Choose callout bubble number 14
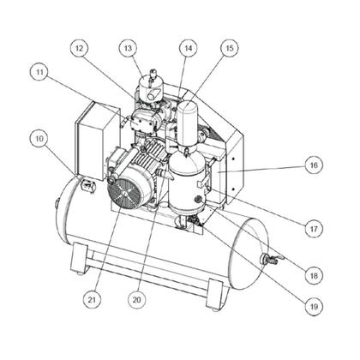point(188,49)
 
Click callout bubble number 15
point(226,49)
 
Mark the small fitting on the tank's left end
point(57,203)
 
